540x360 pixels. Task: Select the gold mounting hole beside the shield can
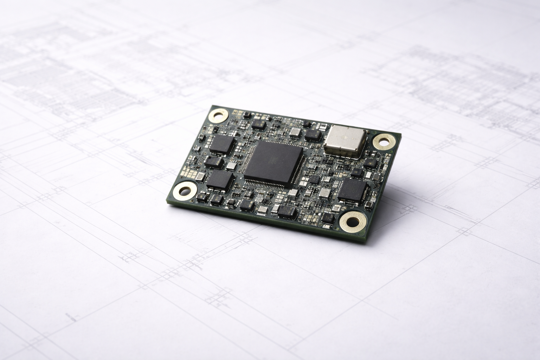(382, 142)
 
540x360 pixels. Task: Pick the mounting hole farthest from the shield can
(185, 191)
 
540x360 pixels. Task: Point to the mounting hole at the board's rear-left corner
(218, 115)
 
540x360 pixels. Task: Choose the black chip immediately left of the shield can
(313, 135)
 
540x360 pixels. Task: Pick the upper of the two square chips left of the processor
(222, 144)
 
